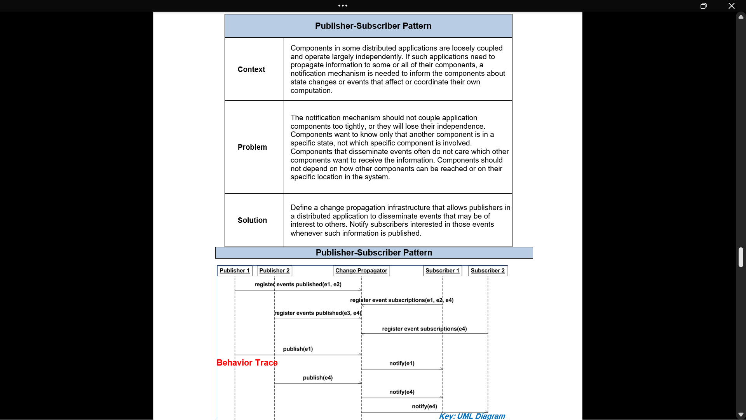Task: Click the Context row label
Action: pos(251,69)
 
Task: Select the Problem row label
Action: pos(252,147)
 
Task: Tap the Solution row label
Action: pos(252,220)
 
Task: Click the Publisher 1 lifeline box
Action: pos(235,271)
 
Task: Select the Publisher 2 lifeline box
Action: pos(274,271)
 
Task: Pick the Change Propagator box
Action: pos(361,271)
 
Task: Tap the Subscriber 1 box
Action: pos(443,271)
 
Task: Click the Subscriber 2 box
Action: pos(488,271)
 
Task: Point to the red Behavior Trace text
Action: pos(247,362)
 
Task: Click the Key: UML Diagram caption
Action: pos(472,416)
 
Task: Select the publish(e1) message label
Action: pos(298,349)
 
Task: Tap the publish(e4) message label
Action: pos(318,378)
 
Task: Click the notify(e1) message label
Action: pos(402,363)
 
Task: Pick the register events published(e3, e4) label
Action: pos(318,313)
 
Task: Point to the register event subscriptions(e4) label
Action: pos(424,329)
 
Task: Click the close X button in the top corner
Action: pos(732,6)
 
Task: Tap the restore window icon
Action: pos(704,6)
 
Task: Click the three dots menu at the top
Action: pos(343,5)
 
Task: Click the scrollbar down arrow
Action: pos(741,415)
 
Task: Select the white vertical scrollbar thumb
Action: pos(741,257)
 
